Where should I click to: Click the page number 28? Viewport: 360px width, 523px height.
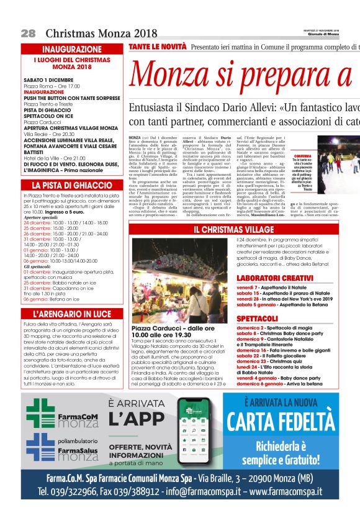pos(28,33)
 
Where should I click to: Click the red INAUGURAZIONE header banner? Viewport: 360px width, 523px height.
pos(72,49)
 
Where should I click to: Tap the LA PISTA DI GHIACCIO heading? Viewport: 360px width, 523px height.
pos(72,185)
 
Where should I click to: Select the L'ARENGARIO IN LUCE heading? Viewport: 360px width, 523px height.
pos(72,314)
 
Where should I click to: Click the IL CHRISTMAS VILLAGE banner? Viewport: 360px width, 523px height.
pos(233,230)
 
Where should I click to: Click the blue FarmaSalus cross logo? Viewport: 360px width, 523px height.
pos(40,447)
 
